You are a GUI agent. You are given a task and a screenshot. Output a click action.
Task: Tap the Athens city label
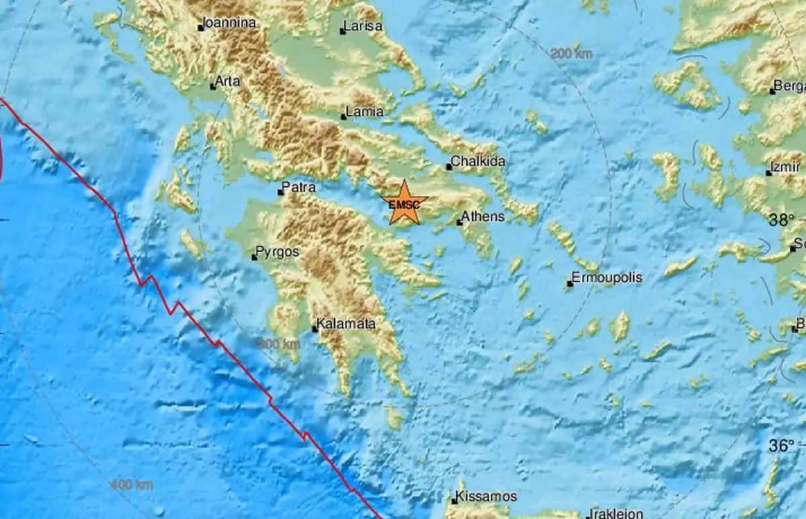482,217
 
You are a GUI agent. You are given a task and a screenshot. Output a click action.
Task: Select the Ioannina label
230,23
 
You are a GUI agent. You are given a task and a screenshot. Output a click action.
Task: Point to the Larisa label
363,27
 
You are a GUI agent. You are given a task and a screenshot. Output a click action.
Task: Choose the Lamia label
365,112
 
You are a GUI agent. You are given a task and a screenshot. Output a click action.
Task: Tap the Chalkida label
478,162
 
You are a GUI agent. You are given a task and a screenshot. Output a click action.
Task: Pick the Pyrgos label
278,252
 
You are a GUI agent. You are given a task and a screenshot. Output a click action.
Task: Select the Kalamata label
347,325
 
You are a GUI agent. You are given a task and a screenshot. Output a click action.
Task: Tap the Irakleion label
616,514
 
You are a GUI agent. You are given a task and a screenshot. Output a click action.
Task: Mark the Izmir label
787,168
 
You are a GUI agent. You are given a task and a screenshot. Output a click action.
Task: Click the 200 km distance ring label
571,54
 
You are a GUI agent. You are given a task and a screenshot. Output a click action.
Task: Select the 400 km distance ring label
132,484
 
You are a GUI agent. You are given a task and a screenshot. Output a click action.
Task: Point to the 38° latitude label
781,220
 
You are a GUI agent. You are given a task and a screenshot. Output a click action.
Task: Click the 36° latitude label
781,444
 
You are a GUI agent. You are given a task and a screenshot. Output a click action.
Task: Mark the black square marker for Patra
281,193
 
